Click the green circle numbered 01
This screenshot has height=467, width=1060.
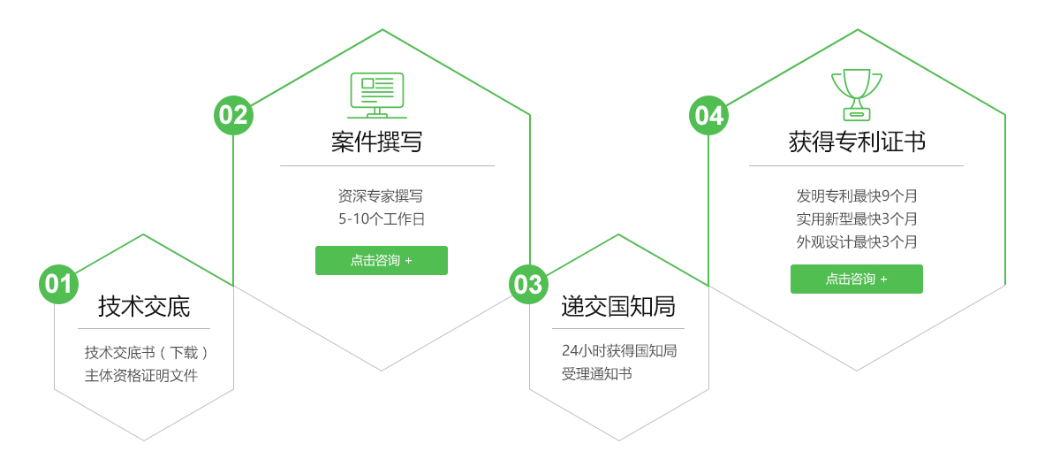click(x=58, y=284)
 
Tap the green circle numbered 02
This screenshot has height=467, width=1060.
click(x=233, y=115)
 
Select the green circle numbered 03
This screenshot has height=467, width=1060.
click(x=528, y=284)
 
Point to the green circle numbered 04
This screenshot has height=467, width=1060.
click(x=708, y=115)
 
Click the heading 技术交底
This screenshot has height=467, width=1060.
click(x=144, y=307)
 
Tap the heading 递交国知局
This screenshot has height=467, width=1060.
click(x=618, y=307)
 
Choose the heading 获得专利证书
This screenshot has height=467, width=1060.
click(x=856, y=142)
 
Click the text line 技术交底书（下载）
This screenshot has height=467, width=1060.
click(x=147, y=352)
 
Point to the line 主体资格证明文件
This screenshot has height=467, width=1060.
click(x=141, y=375)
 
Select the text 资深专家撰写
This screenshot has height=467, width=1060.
click(x=381, y=195)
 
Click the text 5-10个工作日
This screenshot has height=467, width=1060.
click(x=381, y=218)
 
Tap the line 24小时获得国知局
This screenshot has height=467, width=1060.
click(x=618, y=350)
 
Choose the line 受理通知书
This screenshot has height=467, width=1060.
click(x=596, y=373)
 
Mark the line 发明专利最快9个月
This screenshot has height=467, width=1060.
click(x=856, y=195)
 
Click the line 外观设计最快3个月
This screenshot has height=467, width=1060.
click(x=856, y=241)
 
